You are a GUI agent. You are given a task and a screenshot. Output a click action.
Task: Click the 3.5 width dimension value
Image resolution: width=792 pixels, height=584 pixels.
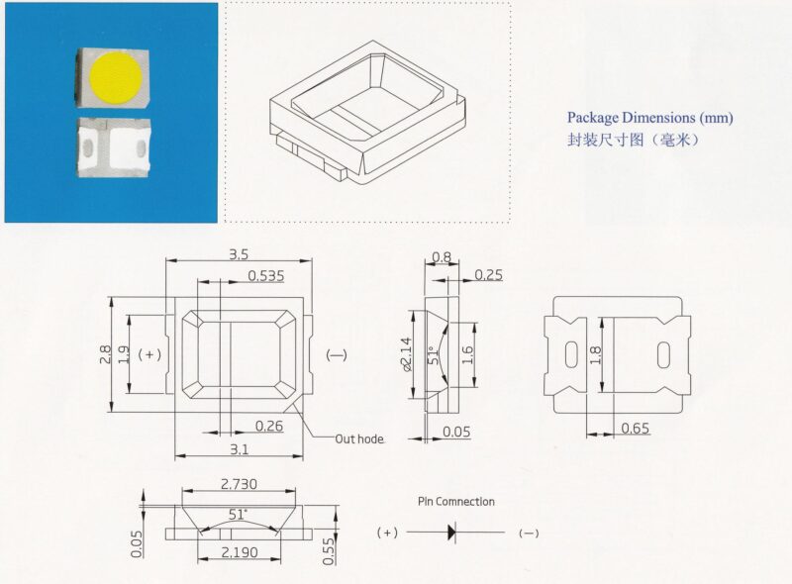pos(238,254)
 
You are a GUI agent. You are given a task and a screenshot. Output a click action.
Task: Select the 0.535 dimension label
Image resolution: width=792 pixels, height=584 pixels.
pos(267,275)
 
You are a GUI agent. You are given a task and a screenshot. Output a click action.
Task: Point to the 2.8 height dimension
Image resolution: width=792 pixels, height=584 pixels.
pos(106,353)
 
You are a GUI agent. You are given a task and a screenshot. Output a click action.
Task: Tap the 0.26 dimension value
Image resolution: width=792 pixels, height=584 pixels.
pos(269,426)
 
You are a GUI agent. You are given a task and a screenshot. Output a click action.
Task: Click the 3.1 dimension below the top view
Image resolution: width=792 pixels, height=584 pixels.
pos(238,450)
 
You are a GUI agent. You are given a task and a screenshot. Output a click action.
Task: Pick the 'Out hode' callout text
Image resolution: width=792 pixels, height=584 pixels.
pos(359,438)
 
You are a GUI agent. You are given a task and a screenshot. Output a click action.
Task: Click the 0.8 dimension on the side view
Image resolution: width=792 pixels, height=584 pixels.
pos(442,256)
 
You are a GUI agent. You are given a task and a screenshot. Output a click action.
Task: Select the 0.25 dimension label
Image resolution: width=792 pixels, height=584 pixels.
pos(488,275)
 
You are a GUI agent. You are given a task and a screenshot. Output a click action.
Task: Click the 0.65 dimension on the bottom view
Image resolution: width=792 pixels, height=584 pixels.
pos(636,428)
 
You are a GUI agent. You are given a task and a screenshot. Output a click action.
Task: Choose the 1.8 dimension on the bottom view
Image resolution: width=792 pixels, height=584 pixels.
pos(595,353)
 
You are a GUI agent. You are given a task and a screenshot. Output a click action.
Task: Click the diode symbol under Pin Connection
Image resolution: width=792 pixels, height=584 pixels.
pos(451,533)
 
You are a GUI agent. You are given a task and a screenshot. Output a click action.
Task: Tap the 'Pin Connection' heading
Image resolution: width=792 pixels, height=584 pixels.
pos(455,502)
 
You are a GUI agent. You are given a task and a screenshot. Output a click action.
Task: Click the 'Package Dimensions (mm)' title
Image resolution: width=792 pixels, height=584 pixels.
pos(649,118)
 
